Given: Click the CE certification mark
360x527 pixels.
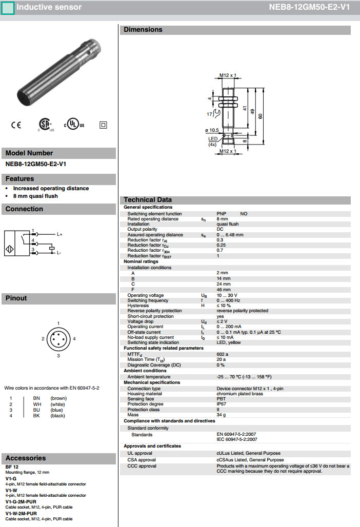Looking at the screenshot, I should tap(16, 125).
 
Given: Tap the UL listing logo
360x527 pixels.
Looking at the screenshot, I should tap(74, 125).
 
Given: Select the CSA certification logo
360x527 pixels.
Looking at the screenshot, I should tap(45, 125).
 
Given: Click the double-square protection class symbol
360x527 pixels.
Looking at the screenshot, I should tap(103, 125).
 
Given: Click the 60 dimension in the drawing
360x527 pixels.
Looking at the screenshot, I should tap(261, 116).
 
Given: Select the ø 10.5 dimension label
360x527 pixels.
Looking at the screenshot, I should tap(212, 130).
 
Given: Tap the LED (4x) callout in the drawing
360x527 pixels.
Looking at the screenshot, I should tap(213, 141).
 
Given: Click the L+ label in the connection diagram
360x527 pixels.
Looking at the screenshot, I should tap(59, 234).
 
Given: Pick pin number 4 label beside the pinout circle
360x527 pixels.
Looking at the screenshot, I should tap(74, 339).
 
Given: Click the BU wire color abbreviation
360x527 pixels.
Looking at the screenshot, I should tap(36, 410).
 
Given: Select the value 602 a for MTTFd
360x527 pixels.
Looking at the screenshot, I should tap(223, 354).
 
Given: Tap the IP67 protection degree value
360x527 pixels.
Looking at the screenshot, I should tap(222, 404).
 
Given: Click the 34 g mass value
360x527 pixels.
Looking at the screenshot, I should tap(221, 415).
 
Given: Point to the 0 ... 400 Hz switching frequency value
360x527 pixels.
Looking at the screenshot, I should tap(228, 300).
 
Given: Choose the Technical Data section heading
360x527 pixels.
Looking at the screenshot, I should tap(148, 199).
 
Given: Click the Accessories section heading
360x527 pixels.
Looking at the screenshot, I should tap(26, 458).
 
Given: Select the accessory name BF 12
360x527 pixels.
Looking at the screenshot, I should tap(12, 467).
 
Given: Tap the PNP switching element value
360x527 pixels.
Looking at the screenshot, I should tap(222, 213).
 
